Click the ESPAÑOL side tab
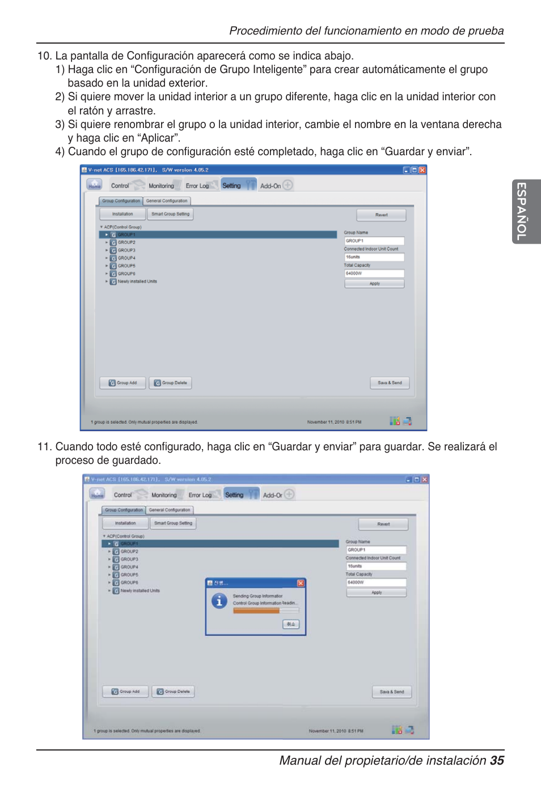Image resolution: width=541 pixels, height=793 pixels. tap(526, 211)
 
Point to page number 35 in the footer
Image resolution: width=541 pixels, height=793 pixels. tap(497, 761)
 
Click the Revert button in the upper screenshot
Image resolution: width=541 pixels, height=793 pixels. tap(381, 215)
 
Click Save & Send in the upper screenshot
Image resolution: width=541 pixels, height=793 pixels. tap(390, 383)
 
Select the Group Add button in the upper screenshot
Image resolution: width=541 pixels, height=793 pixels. tap(122, 383)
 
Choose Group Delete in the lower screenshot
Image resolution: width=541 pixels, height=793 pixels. tap(173, 692)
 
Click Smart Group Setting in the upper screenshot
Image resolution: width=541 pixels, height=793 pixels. tap(170, 214)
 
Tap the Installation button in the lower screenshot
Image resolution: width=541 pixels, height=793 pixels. tap(125, 523)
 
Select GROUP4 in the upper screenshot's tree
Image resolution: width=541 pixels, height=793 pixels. tap(126, 258)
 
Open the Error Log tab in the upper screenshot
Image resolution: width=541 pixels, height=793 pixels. tap(197, 186)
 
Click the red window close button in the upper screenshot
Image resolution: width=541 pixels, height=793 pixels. tap(422, 170)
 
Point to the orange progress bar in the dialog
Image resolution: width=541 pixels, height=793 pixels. tap(256, 611)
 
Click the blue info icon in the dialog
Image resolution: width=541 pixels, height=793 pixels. tap(219, 601)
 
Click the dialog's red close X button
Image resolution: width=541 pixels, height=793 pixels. tap(301, 583)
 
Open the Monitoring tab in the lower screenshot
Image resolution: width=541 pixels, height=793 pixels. tap(164, 495)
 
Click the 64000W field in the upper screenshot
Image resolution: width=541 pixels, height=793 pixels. tap(374, 274)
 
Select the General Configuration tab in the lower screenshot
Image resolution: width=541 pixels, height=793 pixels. tap(170, 510)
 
